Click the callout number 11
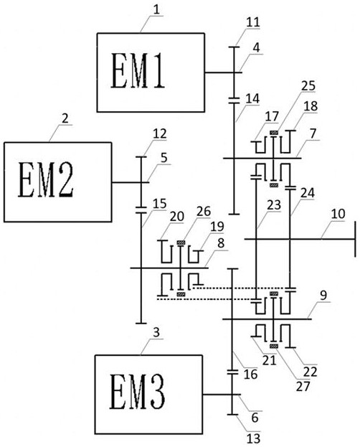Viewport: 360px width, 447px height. [x=253, y=22]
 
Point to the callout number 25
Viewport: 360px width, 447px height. [x=308, y=86]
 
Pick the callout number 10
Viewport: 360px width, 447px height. [x=338, y=214]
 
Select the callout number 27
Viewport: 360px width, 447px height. [x=303, y=387]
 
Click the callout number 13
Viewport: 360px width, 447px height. [x=253, y=438]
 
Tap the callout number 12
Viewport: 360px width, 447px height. [x=159, y=133]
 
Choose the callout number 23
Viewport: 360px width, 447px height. [x=274, y=204]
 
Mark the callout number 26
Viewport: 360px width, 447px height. [x=204, y=212]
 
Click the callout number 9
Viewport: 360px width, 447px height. [x=323, y=296]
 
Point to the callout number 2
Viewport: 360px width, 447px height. [x=65, y=118]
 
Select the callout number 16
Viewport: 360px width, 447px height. [x=250, y=374]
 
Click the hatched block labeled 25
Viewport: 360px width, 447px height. [x=274, y=132]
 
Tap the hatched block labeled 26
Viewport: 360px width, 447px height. [x=181, y=243]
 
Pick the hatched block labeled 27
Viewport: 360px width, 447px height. [x=274, y=346]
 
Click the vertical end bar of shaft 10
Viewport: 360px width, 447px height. [x=355, y=239]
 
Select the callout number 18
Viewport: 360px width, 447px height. [x=311, y=106]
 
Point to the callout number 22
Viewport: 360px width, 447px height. [x=310, y=372]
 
